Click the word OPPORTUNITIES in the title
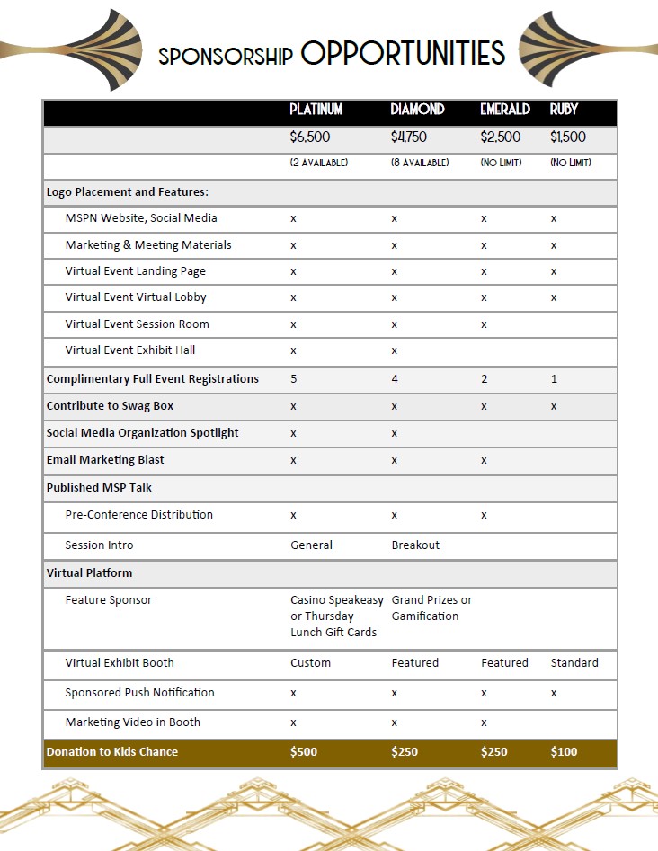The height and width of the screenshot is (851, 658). coord(403,54)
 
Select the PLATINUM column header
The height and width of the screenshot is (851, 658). coord(316,110)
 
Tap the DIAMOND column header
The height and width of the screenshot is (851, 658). coord(417,110)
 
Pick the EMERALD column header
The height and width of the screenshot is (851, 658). coord(505,110)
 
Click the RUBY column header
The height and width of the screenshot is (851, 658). coord(564,110)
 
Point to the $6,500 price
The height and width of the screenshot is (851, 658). coord(310,137)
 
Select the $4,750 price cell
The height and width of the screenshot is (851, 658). coord(408,137)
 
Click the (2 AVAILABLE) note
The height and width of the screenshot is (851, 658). coord(318,163)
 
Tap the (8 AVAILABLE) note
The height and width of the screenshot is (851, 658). coord(420,163)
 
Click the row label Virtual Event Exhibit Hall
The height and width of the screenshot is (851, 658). coord(129,350)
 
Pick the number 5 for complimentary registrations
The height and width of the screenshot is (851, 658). coord(294,379)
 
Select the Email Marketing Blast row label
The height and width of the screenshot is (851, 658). coord(105,460)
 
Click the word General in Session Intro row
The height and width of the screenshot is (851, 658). coord(311,545)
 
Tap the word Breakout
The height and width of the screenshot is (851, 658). coord(415,545)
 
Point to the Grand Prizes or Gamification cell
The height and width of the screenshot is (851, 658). coord(431,608)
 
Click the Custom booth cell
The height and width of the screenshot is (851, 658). coord(310,663)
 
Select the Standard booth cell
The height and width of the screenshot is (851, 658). coord(574,663)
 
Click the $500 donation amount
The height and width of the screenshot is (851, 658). coord(304,752)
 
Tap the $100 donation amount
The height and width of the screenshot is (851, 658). coord(564,752)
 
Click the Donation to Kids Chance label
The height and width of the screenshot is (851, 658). coord(112,752)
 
